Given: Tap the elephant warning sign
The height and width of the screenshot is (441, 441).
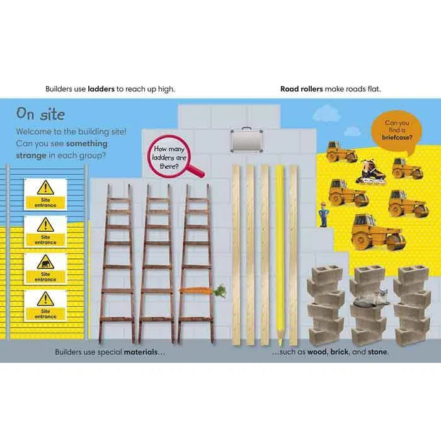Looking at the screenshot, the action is pos(45,268).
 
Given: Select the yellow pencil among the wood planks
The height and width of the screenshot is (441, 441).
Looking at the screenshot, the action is pos(280,255).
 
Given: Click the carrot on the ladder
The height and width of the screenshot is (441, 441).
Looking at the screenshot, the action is pos(202,290).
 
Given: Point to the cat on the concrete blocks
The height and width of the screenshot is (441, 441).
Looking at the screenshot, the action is pos(371,299).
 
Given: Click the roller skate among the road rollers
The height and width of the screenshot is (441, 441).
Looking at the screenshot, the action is pos(370,172).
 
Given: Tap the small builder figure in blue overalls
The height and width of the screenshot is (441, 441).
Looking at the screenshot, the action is pos(323,214).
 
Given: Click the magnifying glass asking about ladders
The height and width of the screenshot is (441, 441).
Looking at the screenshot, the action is pos(172,157).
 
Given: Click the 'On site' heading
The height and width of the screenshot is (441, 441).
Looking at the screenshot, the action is pos(40,114).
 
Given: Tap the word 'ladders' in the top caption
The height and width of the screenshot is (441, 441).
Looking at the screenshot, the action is pos(101,89).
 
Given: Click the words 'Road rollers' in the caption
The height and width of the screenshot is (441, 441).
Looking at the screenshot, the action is pos(302,89).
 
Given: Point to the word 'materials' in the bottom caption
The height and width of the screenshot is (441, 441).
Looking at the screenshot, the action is pos(140,352).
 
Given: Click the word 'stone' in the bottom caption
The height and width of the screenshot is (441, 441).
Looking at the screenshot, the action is pos(377,352).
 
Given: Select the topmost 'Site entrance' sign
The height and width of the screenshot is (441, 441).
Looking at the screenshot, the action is pos(45,194).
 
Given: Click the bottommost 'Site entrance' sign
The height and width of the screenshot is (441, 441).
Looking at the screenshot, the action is pos(45,306).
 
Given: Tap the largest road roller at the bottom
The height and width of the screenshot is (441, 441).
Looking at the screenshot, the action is pos(378,232).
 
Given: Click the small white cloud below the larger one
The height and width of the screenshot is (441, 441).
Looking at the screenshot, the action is pos(352,131).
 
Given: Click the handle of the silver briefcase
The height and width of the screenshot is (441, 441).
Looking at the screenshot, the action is pos(247,129).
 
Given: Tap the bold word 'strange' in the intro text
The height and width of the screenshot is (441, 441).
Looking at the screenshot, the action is pos(31,155).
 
